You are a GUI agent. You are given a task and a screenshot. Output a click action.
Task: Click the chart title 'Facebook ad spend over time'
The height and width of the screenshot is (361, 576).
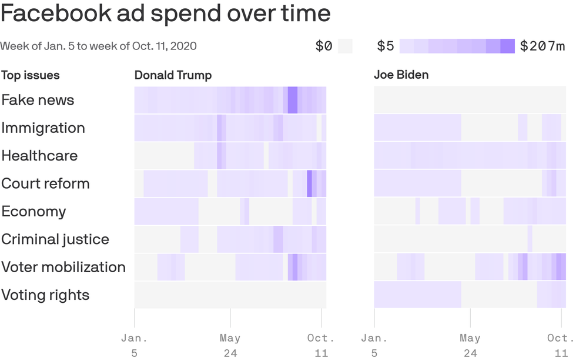(165, 14)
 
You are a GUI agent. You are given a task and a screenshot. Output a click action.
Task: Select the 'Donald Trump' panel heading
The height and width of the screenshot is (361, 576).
(173, 75)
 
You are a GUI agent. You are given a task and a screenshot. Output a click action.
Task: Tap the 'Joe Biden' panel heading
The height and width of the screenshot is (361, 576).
(401, 75)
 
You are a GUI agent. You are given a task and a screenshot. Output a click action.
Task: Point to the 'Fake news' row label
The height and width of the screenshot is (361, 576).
(38, 100)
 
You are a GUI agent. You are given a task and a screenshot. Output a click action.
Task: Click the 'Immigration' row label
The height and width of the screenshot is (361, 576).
(43, 128)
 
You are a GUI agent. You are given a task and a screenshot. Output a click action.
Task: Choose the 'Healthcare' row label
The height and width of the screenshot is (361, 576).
(39, 156)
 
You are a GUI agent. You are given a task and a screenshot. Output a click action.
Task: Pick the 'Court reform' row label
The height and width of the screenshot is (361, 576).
(45, 183)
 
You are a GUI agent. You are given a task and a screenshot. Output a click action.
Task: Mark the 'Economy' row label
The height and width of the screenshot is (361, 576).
(34, 212)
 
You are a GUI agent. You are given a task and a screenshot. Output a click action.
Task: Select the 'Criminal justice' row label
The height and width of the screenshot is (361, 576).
(55, 239)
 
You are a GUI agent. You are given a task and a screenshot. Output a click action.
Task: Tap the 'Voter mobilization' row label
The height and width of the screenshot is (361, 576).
(63, 267)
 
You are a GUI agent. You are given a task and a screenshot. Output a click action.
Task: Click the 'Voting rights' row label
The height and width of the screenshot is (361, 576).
(45, 295)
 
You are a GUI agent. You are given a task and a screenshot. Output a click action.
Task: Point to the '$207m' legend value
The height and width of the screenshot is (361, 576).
(542, 46)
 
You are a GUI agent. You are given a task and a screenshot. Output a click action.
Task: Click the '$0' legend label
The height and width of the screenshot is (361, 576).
(324, 46)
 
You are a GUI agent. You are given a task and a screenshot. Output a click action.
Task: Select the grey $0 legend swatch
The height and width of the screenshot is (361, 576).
(346, 46)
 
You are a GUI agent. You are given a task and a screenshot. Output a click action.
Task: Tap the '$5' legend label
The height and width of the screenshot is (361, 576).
(386, 46)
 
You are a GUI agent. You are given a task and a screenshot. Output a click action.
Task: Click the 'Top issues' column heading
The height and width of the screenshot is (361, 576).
(30, 75)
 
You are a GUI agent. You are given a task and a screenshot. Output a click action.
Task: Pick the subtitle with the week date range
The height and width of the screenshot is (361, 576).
(98, 46)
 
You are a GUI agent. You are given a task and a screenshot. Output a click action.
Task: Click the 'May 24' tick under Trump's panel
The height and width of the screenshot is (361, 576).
(230, 345)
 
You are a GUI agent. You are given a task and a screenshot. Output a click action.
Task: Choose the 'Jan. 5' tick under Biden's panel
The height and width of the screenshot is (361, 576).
(374, 345)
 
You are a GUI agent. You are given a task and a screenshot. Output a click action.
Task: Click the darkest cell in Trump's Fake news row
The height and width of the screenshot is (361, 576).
(292, 100)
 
